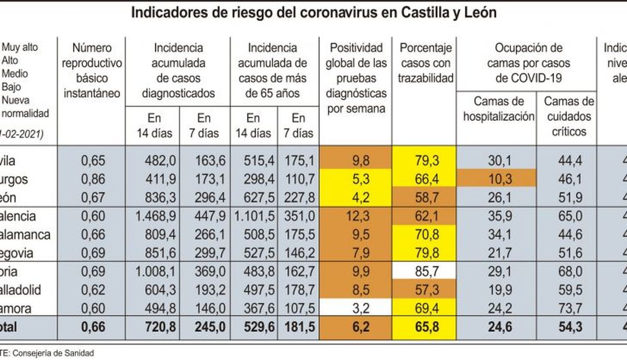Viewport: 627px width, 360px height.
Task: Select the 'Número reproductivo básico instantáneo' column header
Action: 92,71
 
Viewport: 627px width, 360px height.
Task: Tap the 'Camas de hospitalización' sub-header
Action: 498,109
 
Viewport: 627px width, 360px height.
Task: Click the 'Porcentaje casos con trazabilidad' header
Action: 426,63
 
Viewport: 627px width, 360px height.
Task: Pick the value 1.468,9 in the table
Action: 155,216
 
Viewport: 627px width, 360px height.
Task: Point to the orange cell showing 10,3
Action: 500,179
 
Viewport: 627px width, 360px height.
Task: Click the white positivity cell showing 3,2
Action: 361,308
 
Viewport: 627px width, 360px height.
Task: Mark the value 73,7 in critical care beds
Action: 570,308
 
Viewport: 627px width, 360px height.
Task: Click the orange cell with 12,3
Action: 358,216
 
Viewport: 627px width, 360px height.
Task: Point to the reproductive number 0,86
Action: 93,179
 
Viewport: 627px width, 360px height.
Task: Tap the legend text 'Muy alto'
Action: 20,47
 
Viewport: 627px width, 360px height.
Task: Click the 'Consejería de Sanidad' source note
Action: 51,353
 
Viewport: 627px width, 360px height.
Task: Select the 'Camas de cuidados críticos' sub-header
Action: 569,116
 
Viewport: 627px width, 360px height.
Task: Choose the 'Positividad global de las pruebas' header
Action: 356,78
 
